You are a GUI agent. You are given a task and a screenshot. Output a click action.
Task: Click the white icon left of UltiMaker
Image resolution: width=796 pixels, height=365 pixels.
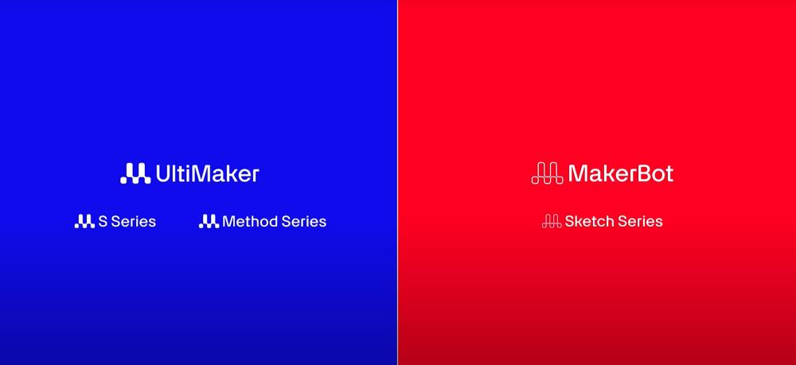click(x=135, y=173)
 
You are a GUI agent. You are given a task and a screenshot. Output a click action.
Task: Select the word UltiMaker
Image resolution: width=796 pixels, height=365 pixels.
click(x=207, y=173)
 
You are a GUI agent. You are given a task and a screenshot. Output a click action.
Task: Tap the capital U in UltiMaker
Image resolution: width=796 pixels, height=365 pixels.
click(x=162, y=174)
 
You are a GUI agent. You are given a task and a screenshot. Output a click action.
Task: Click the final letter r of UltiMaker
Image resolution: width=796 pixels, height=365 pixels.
click(x=256, y=177)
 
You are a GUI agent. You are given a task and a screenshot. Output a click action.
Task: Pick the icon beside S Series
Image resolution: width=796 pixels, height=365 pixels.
click(x=85, y=221)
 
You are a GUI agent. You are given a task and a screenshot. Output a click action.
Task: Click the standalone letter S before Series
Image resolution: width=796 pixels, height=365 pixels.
click(x=103, y=222)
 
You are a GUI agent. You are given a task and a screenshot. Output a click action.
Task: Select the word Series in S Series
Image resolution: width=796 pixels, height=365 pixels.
click(x=134, y=222)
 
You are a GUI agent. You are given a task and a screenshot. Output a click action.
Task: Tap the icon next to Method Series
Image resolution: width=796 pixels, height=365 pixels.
click(x=209, y=221)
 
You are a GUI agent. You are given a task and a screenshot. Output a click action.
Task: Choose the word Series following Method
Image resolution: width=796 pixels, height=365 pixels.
click(x=304, y=222)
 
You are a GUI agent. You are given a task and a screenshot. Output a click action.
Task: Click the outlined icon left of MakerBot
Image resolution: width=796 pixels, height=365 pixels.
click(x=548, y=173)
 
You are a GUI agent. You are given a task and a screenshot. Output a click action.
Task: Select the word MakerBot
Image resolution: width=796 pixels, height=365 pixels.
click(x=621, y=173)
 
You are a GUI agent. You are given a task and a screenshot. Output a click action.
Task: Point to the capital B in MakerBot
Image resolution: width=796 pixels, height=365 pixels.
click(x=638, y=174)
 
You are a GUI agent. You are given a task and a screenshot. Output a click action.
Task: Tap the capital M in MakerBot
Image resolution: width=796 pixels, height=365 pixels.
click(x=578, y=174)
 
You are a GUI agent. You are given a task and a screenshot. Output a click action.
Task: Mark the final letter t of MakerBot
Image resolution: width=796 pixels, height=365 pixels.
click(x=669, y=175)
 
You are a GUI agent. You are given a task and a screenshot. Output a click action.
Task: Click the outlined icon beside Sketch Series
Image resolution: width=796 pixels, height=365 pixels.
click(x=552, y=221)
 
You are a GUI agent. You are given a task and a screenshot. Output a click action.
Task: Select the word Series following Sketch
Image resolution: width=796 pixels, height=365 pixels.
click(x=640, y=222)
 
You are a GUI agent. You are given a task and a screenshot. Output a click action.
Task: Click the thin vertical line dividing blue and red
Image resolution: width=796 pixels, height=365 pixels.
click(x=397, y=183)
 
